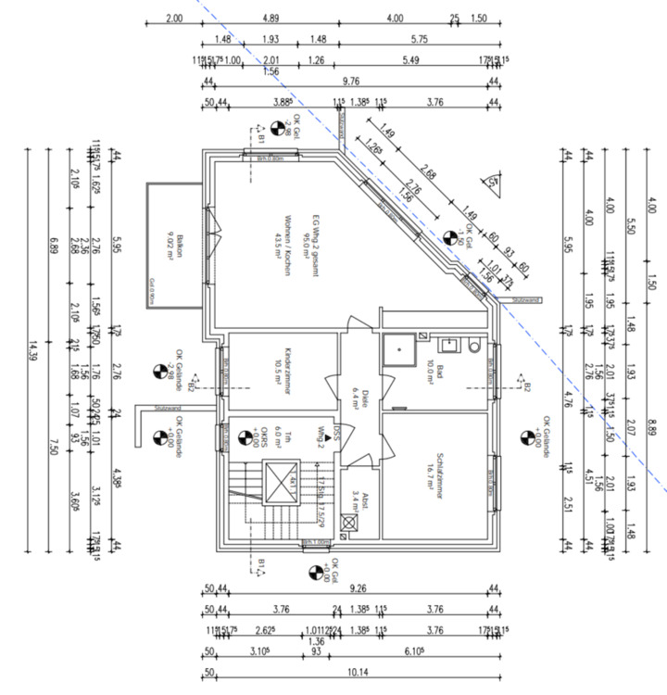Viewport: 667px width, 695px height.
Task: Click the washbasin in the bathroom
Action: click(451, 346)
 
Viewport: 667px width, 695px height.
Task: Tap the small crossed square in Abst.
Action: click(348, 524)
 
